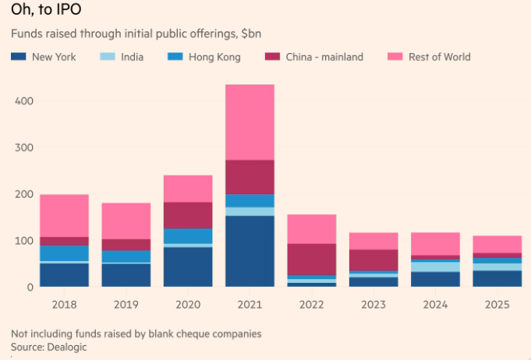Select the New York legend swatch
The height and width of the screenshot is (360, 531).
[x=19, y=57]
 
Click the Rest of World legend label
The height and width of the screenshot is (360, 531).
[x=439, y=57]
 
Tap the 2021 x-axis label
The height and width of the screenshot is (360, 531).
[x=250, y=304]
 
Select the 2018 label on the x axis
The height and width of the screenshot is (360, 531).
[x=64, y=304]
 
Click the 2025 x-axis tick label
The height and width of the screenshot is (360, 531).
[x=497, y=304]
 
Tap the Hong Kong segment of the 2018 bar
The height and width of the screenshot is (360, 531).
[x=64, y=253]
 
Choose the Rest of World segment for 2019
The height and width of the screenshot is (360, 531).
[x=126, y=221]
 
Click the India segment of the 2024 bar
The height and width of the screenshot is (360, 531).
[x=436, y=266]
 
